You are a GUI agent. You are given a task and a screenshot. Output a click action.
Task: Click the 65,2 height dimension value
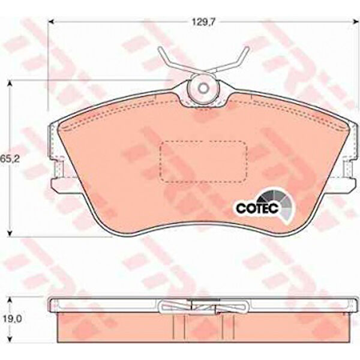[7, 158]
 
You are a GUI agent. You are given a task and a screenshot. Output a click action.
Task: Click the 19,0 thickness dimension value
[13, 319]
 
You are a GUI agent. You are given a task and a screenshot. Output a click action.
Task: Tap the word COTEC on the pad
[257, 208]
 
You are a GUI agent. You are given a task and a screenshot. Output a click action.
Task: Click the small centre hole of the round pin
[203, 88]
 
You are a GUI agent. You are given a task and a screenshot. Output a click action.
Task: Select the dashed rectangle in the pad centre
[203, 162]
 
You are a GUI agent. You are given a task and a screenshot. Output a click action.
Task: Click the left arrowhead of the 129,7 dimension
[50, 22]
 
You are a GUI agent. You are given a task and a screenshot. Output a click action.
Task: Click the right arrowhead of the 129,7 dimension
[356, 22]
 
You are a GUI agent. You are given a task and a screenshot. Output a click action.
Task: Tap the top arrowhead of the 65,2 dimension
[10, 83]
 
